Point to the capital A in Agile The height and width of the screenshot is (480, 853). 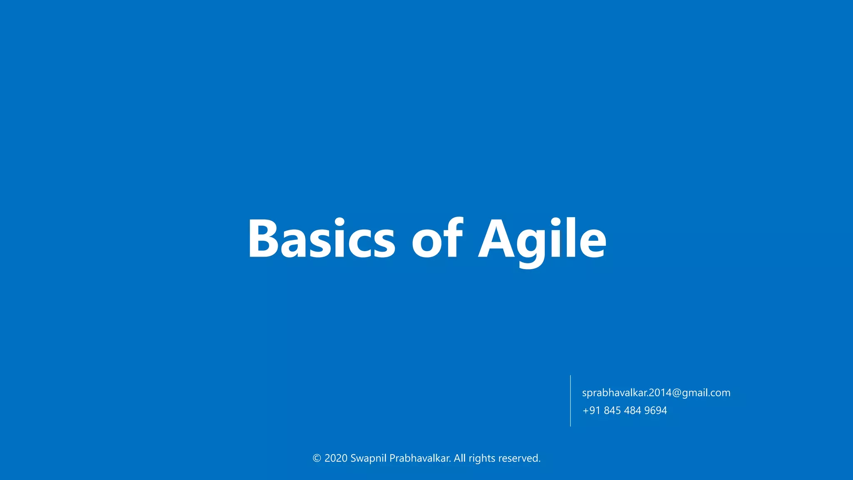(496, 239)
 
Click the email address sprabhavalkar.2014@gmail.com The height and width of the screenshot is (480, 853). (656, 392)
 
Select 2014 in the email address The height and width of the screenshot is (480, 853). (660, 392)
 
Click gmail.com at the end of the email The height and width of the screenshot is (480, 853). (706, 392)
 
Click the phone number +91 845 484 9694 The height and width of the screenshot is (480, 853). (625, 410)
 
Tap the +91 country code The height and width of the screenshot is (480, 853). (591, 410)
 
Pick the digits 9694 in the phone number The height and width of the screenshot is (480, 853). (656, 410)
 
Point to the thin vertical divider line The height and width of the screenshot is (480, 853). (570, 401)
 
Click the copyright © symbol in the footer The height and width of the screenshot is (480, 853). (317, 458)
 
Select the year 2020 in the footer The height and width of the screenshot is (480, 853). (336, 458)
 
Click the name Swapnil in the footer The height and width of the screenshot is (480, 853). (368, 458)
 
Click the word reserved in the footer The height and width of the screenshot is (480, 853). (519, 458)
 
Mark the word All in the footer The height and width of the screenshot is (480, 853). (459, 458)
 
